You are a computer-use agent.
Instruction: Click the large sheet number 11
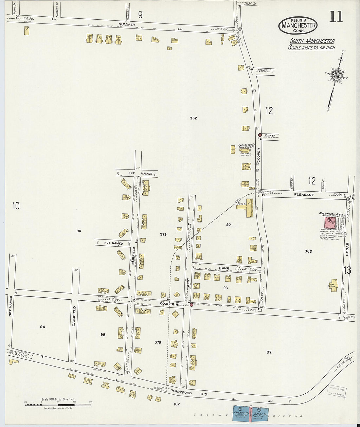pyautogui.click(x=336, y=16)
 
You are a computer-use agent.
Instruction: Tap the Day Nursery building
pyautogui.click(x=333, y=285)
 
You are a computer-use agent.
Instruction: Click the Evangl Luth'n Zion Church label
pyautogui.click(x=246, y=146)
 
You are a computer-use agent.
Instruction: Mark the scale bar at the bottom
pyautogui.click(x=58, y=405)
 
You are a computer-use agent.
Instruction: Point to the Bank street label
pyautogui.click(x=224, y=268)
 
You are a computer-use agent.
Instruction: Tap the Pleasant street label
pyautogui.click(x=304, y=195)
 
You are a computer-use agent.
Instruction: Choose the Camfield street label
pyautogui.click(x=74, y=316)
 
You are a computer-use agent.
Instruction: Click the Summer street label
pyautogui.click(x=127, y=24)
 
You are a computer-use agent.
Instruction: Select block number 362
pyautogui.click(x=193, y=118)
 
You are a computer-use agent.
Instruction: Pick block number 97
pyautogui.click(x=269, y=352)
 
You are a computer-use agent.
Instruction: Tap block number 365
pyautogui.click(x=308, y=251)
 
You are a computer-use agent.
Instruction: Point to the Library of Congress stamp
pyautogui.click(x=337, y=391)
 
